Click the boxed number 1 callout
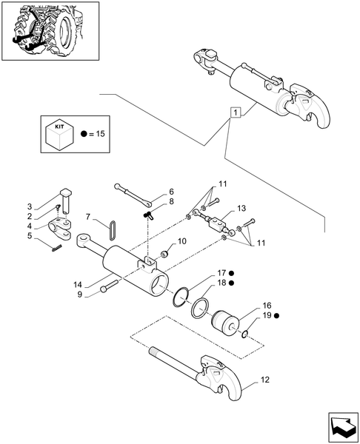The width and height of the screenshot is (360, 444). click(236, 112)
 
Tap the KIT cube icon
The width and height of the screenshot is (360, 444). click(59, 134)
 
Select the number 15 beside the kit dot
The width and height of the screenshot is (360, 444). click(100, 134)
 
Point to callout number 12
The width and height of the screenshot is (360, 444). click(265, 380)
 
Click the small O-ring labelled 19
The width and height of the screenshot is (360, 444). click(244, 334)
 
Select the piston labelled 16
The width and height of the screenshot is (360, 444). click(225, 324)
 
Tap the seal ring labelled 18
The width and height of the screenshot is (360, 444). click(201, 308)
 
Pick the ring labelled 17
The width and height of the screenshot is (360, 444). click(180, 297)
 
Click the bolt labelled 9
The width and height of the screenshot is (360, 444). click(109, 286)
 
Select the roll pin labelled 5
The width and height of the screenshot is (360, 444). click(57, 247)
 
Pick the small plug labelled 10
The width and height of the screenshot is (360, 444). click(164, 254)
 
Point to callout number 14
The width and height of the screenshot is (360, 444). click(77, 285)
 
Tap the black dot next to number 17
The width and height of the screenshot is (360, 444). click(231, 273)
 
